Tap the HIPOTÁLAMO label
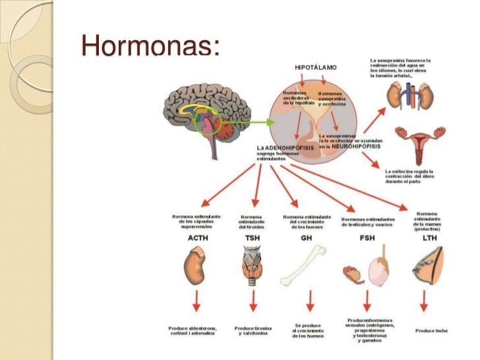point(315,68)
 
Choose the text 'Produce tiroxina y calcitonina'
point(253,330)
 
